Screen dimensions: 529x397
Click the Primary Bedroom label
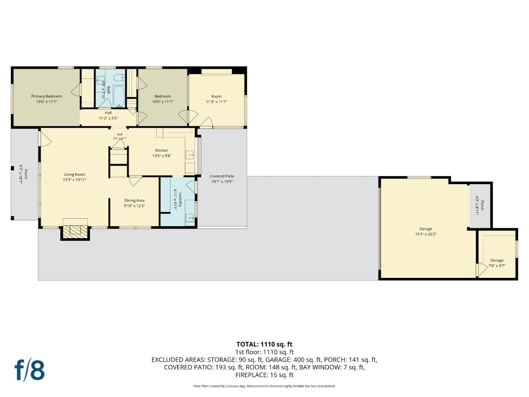point(47,96)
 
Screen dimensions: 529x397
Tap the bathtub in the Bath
point(119,96)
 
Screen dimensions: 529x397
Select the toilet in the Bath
point(119,78)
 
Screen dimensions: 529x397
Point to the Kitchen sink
point(190,154)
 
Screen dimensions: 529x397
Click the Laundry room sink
point(190,218)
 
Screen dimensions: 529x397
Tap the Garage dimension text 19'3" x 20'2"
point(426,234)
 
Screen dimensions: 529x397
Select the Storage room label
point(497,260)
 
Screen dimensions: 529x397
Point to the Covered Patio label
point(222,176)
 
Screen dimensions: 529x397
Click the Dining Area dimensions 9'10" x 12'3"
point(134,206)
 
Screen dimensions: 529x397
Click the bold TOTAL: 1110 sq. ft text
point(264,344)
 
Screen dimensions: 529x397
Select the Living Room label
point(75,175)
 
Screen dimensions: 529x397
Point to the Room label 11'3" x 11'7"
point(216,102)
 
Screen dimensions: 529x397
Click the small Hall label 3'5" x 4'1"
point(119,139)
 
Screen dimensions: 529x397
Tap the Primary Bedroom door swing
point(75,90)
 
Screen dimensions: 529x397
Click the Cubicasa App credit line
point(264,386)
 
